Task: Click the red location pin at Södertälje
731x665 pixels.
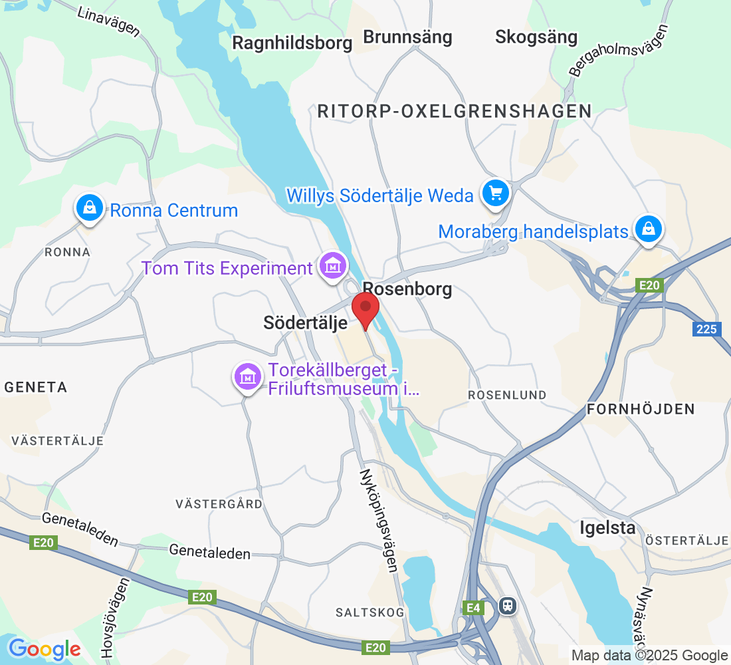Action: tap(365, 309)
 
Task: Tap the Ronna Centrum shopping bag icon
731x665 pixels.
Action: tap(89, 208)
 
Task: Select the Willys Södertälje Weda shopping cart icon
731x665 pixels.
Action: tap(495, 194)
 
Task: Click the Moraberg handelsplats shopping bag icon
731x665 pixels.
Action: tap(649, 229)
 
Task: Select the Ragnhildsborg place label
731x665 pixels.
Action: tap(292, 43)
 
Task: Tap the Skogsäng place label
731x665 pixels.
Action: tap(536, 37)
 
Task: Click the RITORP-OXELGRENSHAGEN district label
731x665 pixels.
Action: tap(455, 111)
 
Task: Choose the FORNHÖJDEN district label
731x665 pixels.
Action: tap(641, 409)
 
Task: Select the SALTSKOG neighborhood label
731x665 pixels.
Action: tap(369, 612)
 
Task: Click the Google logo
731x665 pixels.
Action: tap(45, 649)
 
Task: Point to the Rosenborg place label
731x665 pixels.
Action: tap(408, 289)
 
